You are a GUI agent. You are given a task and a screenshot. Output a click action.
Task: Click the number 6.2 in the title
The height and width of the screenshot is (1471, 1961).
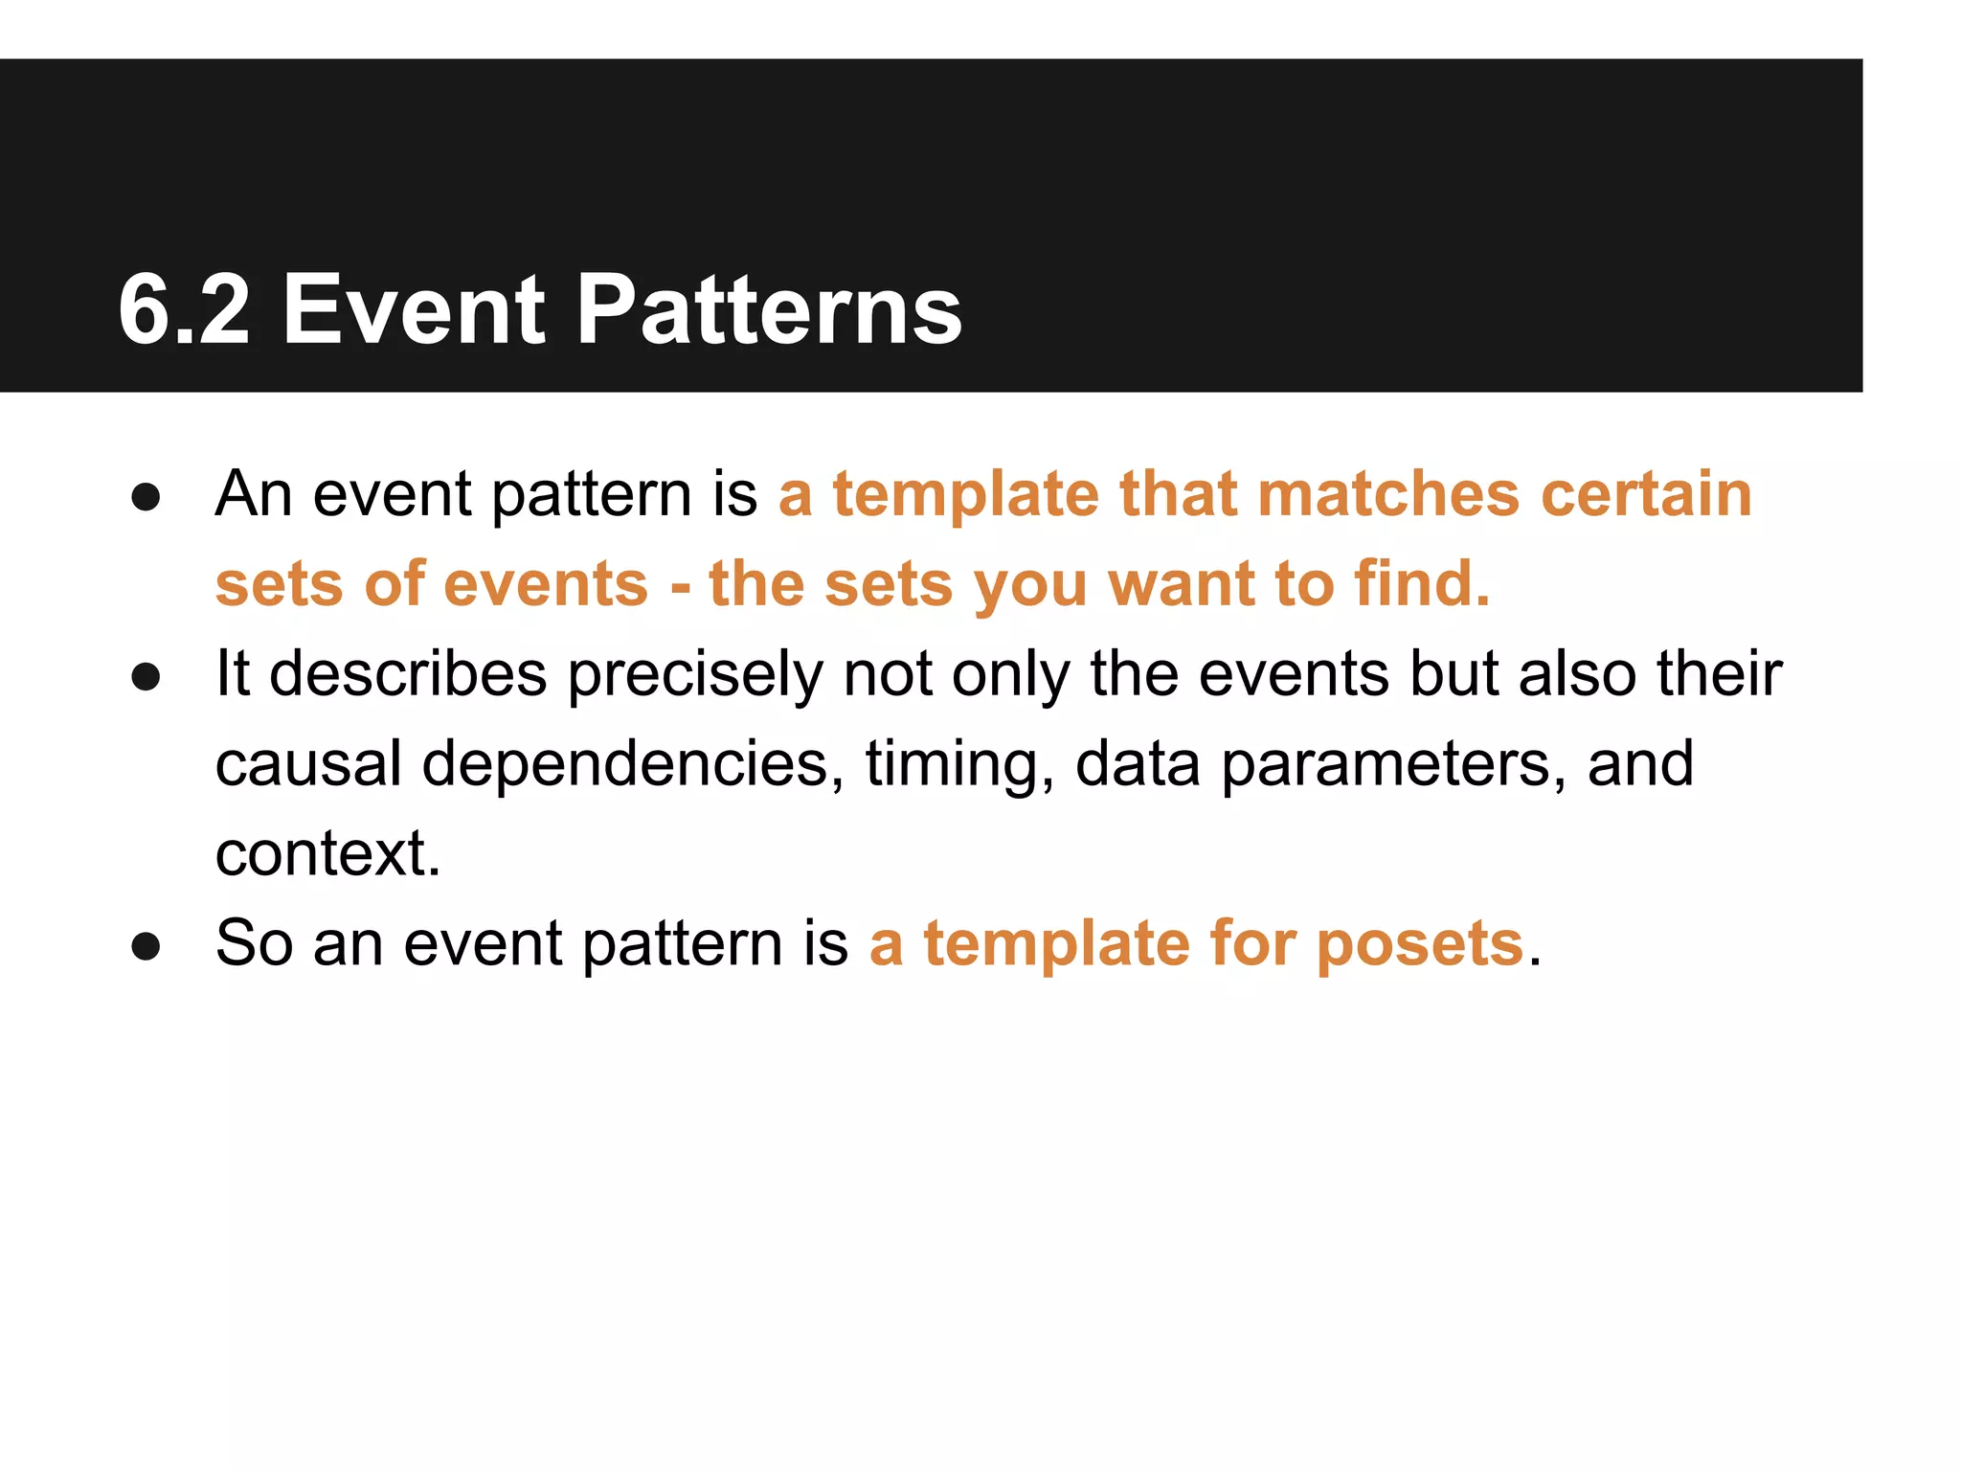click(184, 309)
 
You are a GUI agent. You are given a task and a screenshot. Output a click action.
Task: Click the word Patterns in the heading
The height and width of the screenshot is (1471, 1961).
click(769, 309)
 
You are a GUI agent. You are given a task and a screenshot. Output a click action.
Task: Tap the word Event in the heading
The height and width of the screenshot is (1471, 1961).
click(414, 309)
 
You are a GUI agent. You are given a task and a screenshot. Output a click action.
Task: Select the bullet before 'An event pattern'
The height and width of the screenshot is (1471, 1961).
click(146, 498)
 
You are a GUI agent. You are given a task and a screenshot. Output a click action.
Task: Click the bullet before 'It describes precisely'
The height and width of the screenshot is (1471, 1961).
click(146, 677)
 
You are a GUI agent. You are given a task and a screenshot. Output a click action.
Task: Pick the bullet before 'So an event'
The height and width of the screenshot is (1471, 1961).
click(146, 946)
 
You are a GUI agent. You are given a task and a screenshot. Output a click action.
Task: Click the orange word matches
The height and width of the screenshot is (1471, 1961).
click(1387, 494)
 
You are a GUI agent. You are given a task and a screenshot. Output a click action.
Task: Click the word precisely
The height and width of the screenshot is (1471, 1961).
click(695, 675)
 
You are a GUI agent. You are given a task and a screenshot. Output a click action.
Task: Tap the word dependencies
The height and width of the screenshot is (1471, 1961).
click(633, 765)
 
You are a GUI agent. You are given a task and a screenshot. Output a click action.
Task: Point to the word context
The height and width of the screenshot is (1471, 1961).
click(327, 853)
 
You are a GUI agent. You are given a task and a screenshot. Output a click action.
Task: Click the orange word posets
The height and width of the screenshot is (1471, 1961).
click(1420, 945)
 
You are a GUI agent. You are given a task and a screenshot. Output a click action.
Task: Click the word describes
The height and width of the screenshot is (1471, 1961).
click(408, 673)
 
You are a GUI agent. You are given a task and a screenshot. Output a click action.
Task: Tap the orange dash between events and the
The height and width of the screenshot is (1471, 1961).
click(681, 585)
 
